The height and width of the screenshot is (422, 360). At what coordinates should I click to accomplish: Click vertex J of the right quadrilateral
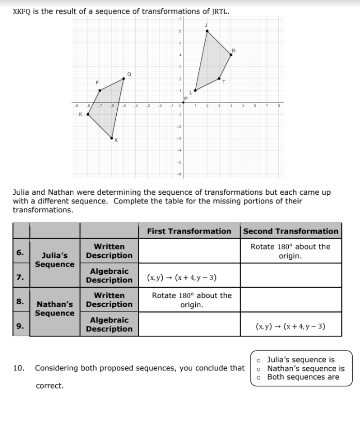coord(207,31)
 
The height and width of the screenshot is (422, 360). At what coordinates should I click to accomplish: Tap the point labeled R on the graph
coord(231,54)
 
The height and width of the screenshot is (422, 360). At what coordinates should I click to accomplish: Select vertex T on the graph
coord(219,79)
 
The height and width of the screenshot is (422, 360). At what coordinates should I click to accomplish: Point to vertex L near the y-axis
coord(195,90)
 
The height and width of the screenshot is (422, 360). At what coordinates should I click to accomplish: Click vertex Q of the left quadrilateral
coord(123,79)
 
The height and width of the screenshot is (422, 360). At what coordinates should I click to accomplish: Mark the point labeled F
coord(100,90)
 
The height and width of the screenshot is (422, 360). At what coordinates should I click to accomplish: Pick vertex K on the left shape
coord(88,114)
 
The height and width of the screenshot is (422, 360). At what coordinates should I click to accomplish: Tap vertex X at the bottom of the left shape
coord(112,138)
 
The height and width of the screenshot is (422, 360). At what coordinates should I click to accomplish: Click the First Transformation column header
coord(189,231)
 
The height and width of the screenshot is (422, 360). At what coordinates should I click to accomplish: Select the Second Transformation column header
coord(290,231)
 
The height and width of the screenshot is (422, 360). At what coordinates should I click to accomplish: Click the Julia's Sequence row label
coord(55,260)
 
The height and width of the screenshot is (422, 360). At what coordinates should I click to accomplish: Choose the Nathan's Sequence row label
coord(55,309)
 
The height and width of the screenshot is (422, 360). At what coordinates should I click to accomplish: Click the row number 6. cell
coord(20,253)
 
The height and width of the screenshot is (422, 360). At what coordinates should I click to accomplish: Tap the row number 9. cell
coord(20,326)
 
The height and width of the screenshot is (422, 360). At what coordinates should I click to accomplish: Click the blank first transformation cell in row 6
coord(189,251)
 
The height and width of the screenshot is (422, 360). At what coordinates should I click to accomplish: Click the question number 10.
coord(19,368)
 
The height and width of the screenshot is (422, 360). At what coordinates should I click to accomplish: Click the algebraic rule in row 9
coord(290,326)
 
